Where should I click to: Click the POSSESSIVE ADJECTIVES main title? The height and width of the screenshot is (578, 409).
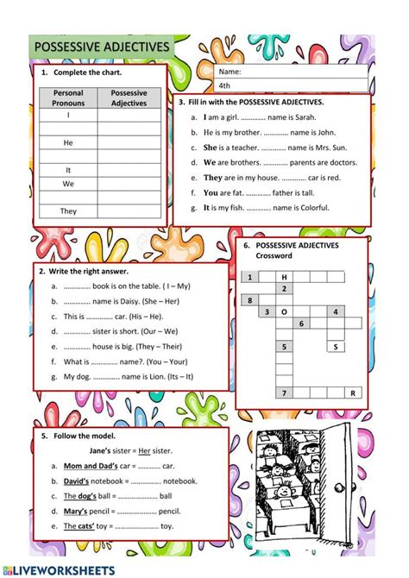(x=100, y=47)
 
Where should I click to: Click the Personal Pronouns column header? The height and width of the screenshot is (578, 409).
(x=68, y=97)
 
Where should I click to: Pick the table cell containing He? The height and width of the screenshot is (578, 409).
(x=68, y=142)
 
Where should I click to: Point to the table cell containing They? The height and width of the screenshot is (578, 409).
(x=68, y=210)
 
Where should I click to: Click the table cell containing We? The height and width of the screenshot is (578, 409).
(x=68, y=184)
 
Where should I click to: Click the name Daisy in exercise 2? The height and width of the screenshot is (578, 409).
(x=139, y=301)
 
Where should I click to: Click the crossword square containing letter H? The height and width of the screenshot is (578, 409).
(x=284, y=277)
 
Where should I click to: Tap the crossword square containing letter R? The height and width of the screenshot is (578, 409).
(x=352, y=393)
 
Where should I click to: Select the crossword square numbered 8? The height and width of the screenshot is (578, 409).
(x=250, y=300)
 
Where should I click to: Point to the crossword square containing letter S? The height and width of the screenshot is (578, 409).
(x=334, y=346)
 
